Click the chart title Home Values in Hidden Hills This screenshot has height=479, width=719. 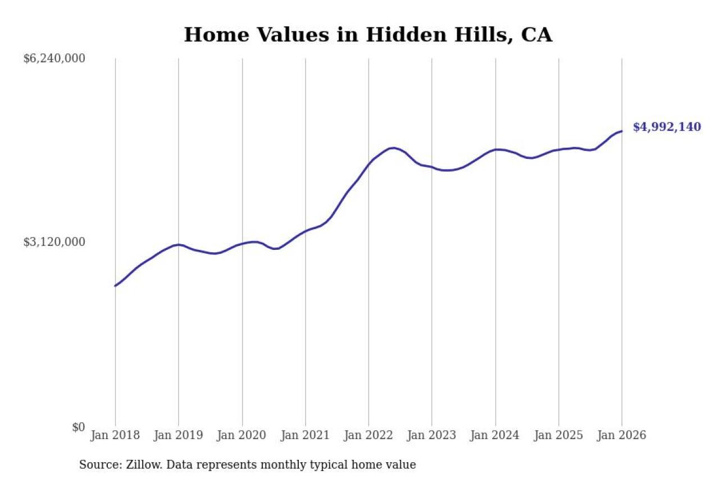click(x=368, y=35)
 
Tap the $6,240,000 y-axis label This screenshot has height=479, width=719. click(x=54, y=58)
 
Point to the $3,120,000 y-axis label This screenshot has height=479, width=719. click(x=54, y=242)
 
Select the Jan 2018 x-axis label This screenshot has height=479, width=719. click(x=115, y=436)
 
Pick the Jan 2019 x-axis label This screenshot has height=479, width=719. click(x=179, y=436)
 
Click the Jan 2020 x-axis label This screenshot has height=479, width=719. click(x=242, y=436)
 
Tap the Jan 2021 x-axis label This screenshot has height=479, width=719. click(x=306, y=436)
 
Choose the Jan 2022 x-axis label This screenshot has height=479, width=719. click(x=368, y=436)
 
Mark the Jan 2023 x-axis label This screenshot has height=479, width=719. click(x=432, y=436)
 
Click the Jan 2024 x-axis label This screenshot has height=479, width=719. click(x=495, y=436)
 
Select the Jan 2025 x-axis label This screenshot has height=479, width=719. click(x=558, y=436)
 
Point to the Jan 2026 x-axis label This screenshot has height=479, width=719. click(x=622, y=436)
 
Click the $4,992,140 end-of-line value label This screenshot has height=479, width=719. click(x=667, y=127)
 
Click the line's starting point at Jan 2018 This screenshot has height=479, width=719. click(x=115, y=286)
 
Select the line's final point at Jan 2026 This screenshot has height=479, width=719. click(x=622, y=131)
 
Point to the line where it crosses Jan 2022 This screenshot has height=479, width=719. click(x=368, y=163)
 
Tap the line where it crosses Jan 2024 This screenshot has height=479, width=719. click(x=495, y=149)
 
